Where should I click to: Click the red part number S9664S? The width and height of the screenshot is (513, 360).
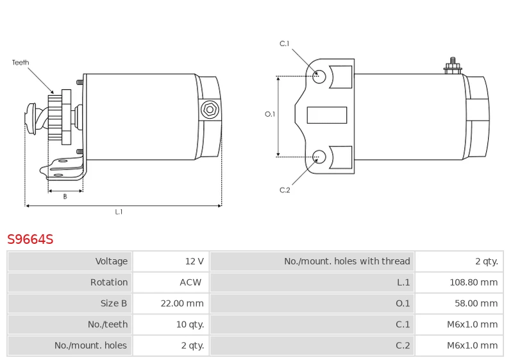point(30,239)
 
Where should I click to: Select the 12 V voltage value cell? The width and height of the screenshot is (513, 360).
point(194,261)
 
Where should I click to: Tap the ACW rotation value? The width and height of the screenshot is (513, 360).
point(190,282)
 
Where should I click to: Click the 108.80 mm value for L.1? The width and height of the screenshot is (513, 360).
point(473,282)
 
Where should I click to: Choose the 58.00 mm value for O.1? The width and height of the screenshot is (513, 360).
point(476,304)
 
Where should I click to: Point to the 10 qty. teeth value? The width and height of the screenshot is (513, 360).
point(190,325)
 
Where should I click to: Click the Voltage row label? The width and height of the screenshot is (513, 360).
point(112,261)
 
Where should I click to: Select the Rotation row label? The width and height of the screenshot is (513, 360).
point(109,282)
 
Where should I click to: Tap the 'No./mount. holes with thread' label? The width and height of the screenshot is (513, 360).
point(347,261)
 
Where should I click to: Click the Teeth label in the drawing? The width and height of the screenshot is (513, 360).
point(21,63)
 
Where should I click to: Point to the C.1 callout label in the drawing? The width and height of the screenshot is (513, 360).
point(285,44)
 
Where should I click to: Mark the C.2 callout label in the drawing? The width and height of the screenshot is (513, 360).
point(285,190)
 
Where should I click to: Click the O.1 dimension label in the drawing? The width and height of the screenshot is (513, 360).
point(270,114)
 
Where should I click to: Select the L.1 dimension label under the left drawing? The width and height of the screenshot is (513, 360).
point(119,212)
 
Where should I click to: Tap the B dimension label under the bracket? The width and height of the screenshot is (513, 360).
point(65,197)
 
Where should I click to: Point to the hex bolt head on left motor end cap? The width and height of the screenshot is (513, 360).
point(209,110)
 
